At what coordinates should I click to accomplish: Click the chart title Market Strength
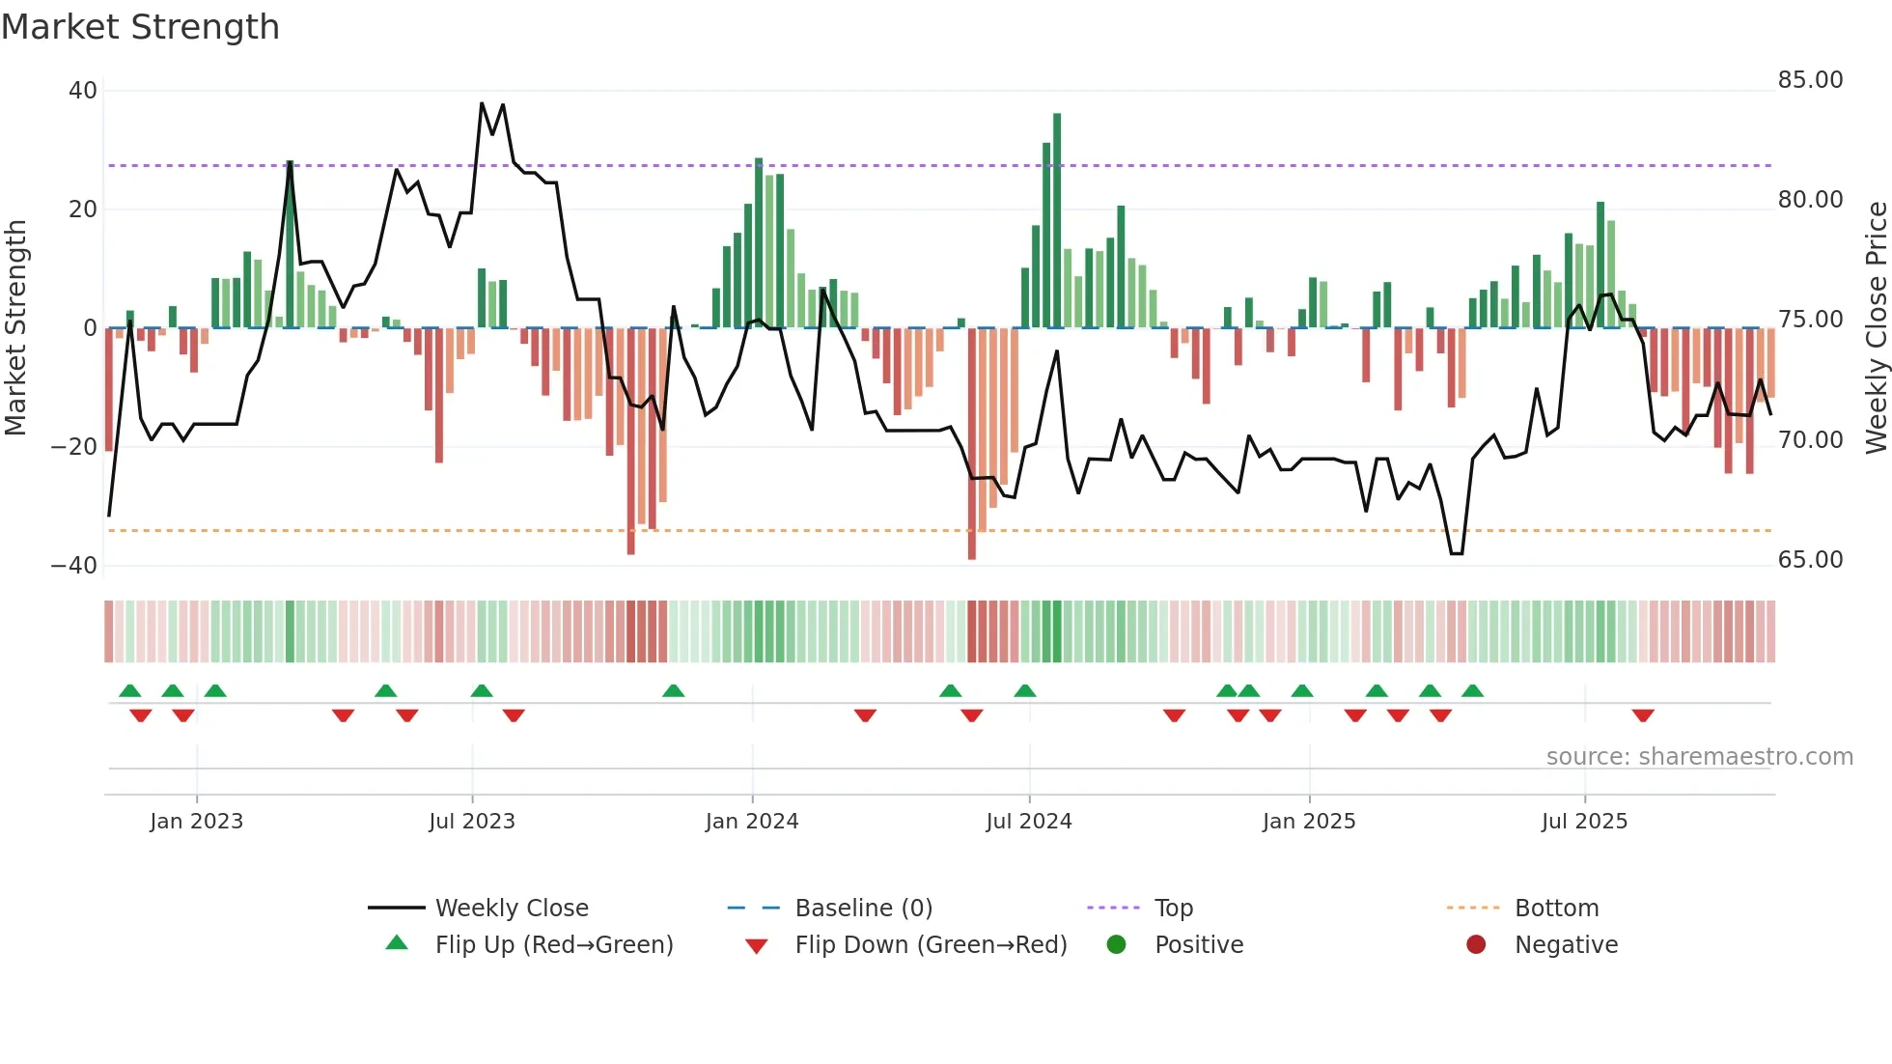(140, 27)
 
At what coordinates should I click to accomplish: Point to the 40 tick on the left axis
(83, 91)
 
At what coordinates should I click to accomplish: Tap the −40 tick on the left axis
(74, 566)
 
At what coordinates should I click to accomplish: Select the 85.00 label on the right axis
(1810, 80)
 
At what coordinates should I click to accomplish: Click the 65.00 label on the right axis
(1810, 560)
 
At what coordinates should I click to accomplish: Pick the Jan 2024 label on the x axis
(752, 822)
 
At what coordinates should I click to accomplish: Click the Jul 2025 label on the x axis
(1584, 822)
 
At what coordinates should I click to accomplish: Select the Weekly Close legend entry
(511, 909)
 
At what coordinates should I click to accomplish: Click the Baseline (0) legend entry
(863, 909)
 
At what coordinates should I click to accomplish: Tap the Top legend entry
(1174, 909)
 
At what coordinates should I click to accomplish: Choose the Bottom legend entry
(1556, 909)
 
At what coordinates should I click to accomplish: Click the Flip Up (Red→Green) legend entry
(553, 945)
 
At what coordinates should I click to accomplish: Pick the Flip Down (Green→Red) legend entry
(931, 945)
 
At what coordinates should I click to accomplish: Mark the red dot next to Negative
(1476, 945)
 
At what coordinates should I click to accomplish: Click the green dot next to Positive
(1117, 945)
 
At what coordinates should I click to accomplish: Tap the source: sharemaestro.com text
(1699, 757)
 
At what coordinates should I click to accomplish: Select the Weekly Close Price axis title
(1876, 328)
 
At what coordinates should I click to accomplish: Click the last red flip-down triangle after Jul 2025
(1643, 715)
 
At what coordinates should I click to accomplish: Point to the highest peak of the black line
(482, 104)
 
